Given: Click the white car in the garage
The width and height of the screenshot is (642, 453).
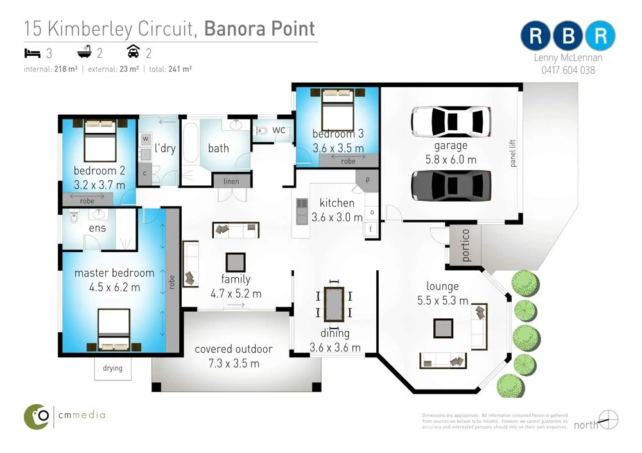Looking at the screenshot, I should [x=451, y=121].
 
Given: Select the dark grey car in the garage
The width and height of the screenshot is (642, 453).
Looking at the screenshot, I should [x=451, y=186].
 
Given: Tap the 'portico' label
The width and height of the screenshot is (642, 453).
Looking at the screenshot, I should [x=465, y=244].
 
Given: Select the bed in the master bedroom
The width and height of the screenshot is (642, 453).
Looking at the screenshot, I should [x=114, y=330].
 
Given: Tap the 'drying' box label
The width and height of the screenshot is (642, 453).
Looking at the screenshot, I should [x=112, y=369].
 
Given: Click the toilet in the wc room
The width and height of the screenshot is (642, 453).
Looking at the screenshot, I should [x=263, y=131].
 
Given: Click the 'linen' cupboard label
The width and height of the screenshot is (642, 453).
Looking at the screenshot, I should [x=231, y=182].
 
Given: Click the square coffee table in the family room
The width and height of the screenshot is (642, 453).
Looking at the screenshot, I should [x=235, y=262].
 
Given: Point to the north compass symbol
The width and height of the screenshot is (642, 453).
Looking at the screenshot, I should [x=608, y=420].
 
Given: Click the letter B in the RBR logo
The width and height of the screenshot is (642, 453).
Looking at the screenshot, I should [x=568, y=36].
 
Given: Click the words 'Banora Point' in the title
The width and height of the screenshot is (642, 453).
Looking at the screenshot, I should [x=259, y=29].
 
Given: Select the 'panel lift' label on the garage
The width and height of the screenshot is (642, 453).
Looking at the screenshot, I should [x=512, y=154].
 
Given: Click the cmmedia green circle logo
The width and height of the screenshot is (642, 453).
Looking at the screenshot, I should [x=37, y=416].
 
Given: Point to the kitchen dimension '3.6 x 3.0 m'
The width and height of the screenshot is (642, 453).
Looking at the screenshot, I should [x=337, y=217].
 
